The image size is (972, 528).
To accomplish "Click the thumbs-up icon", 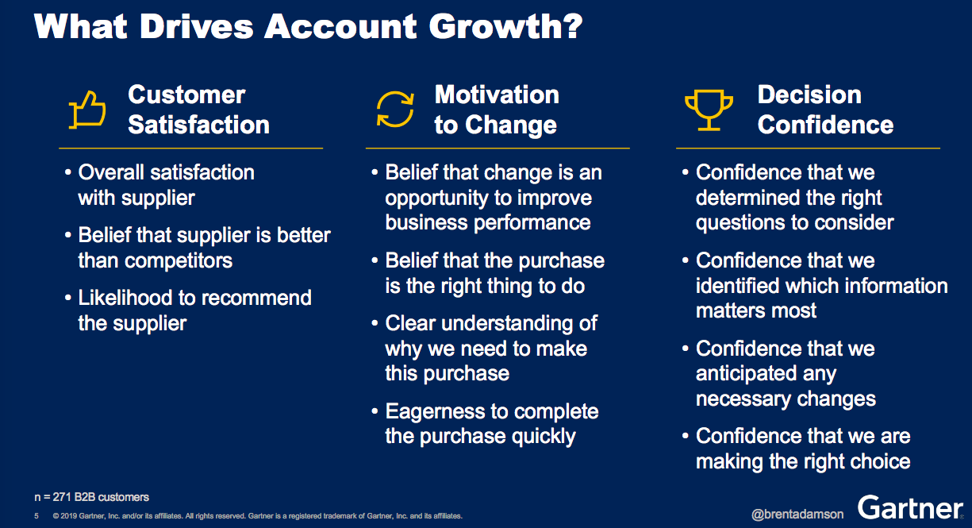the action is click(86, 110).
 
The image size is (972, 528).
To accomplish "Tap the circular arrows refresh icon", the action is click(395, 110).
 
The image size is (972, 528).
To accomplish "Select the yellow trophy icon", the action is click(709, 110).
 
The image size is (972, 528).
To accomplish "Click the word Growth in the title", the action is click(506, 27).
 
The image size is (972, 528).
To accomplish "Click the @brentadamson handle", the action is click(797, 515).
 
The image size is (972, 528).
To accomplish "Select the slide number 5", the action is click(36, 516).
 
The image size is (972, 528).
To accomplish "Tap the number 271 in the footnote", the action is click(62, 497).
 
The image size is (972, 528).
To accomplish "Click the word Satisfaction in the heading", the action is click(198, 125).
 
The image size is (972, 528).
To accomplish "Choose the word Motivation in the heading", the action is click(497, 94).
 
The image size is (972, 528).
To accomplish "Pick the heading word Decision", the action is click(809, 94).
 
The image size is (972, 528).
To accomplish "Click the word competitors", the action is click(179, 260).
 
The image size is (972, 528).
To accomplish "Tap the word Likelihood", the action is click(125, 298).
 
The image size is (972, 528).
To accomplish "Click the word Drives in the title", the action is click(196, 27).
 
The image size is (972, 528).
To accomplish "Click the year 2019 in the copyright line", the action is click(69, 516).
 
